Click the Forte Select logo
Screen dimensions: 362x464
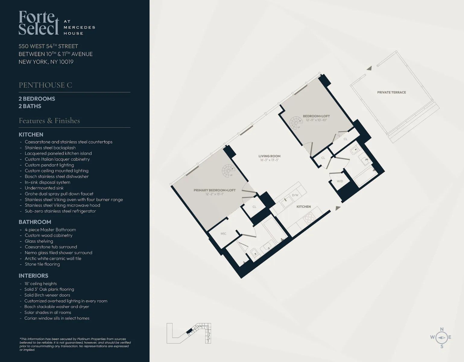[39, 23]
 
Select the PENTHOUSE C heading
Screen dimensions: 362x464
[45, 85]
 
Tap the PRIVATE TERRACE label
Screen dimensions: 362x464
[391, 92]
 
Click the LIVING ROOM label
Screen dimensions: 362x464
[269, 156]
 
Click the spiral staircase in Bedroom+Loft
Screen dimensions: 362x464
[296, 122]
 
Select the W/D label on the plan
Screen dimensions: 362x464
[340, 181]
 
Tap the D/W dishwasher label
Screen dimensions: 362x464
[295, 195]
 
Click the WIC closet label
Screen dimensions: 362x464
[223, 234]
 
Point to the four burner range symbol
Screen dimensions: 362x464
[309, 218]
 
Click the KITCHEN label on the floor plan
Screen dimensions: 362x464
[303, 207]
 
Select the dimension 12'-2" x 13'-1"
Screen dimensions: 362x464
[215, 194]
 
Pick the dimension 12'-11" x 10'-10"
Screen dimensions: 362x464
[316, 120]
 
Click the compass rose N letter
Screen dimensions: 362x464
[442, 329]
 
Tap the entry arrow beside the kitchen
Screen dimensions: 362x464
[338, 208]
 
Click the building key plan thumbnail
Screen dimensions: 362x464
[189, 333]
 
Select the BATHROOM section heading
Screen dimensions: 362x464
[35, 222]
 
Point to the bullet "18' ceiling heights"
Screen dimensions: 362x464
[40, 284]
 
